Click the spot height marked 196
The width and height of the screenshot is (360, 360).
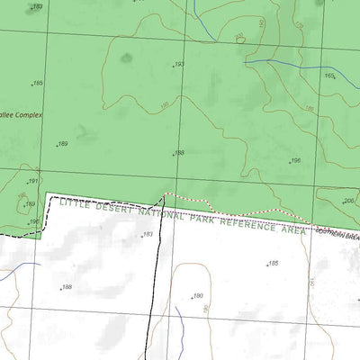(x=294, y=161)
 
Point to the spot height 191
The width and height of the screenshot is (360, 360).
(x=32, y=182)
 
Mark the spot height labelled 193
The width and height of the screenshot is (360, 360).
(x=178, y=65)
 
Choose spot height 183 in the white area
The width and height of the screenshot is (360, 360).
(x=147, y=234)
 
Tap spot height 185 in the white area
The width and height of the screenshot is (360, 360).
(x=273, y=263)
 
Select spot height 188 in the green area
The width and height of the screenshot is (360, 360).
(x=178, y=153)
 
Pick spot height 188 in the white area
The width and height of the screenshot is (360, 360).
(x=65, y=288)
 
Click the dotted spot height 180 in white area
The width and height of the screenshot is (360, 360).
(x=197, y=295)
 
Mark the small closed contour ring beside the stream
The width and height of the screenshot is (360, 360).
(x=238, y=37)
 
